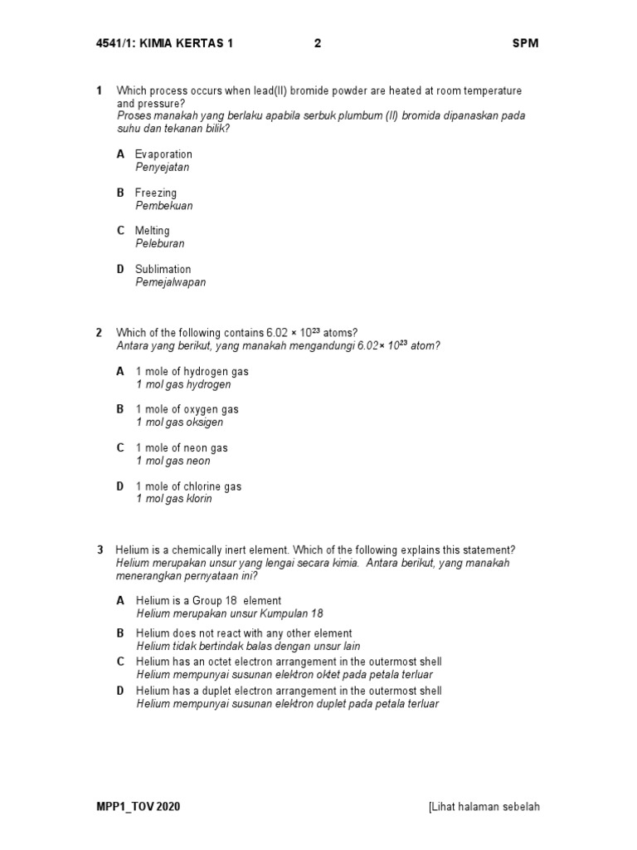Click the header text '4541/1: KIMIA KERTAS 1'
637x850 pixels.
(x=164, y=44)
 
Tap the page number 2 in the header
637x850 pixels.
(x=318, y=44)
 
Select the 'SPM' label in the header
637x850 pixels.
(x=525, y=44)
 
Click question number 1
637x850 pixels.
(x=99, y=90)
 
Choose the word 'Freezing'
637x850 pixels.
(x=156, y=193)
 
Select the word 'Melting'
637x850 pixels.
(x=153, y=231)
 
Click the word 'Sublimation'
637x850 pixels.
(x=163, y=269)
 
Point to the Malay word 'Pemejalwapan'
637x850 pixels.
(x=171, y=282)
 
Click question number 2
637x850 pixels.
(x=99, y=333)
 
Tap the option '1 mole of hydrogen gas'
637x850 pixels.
(x=192, y=371)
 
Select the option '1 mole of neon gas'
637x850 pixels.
(x=182, y=448)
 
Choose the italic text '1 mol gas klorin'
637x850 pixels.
(x=174, y=499)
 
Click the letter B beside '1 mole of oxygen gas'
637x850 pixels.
(x=120, y=409)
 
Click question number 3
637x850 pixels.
(x=100, y=550)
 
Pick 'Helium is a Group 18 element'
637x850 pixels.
(x=208, y=600)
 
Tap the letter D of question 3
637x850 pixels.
(x=120, y=691)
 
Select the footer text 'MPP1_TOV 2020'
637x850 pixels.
(x=138, y=807)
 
